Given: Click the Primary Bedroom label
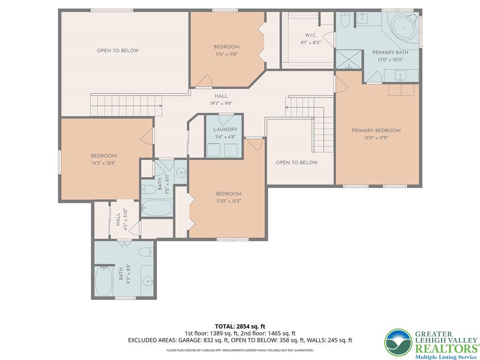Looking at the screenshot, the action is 376,130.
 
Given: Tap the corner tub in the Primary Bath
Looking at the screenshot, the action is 404,28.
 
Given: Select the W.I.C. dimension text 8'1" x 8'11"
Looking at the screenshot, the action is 311,43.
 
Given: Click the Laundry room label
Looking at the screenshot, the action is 225,129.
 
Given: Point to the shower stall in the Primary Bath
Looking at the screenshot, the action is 349,59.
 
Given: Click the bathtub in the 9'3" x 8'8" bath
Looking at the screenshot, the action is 104,281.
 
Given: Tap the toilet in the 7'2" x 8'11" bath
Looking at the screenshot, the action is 149,189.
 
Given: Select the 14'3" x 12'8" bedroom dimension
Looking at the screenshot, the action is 104,163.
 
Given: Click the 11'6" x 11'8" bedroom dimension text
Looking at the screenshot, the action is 226,54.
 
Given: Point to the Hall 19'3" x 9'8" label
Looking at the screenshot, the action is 221,100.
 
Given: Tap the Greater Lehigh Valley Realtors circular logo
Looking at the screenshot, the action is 398,343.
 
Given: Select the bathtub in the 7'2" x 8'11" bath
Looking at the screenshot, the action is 157,208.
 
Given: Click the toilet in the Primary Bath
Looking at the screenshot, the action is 345,20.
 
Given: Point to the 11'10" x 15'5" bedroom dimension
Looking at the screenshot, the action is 229,201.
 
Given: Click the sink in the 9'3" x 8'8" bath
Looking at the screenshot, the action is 148,280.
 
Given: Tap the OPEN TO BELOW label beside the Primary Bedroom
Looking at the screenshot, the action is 296,163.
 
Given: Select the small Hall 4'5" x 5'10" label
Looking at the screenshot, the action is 121,219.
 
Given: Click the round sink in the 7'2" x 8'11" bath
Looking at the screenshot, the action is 182,173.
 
